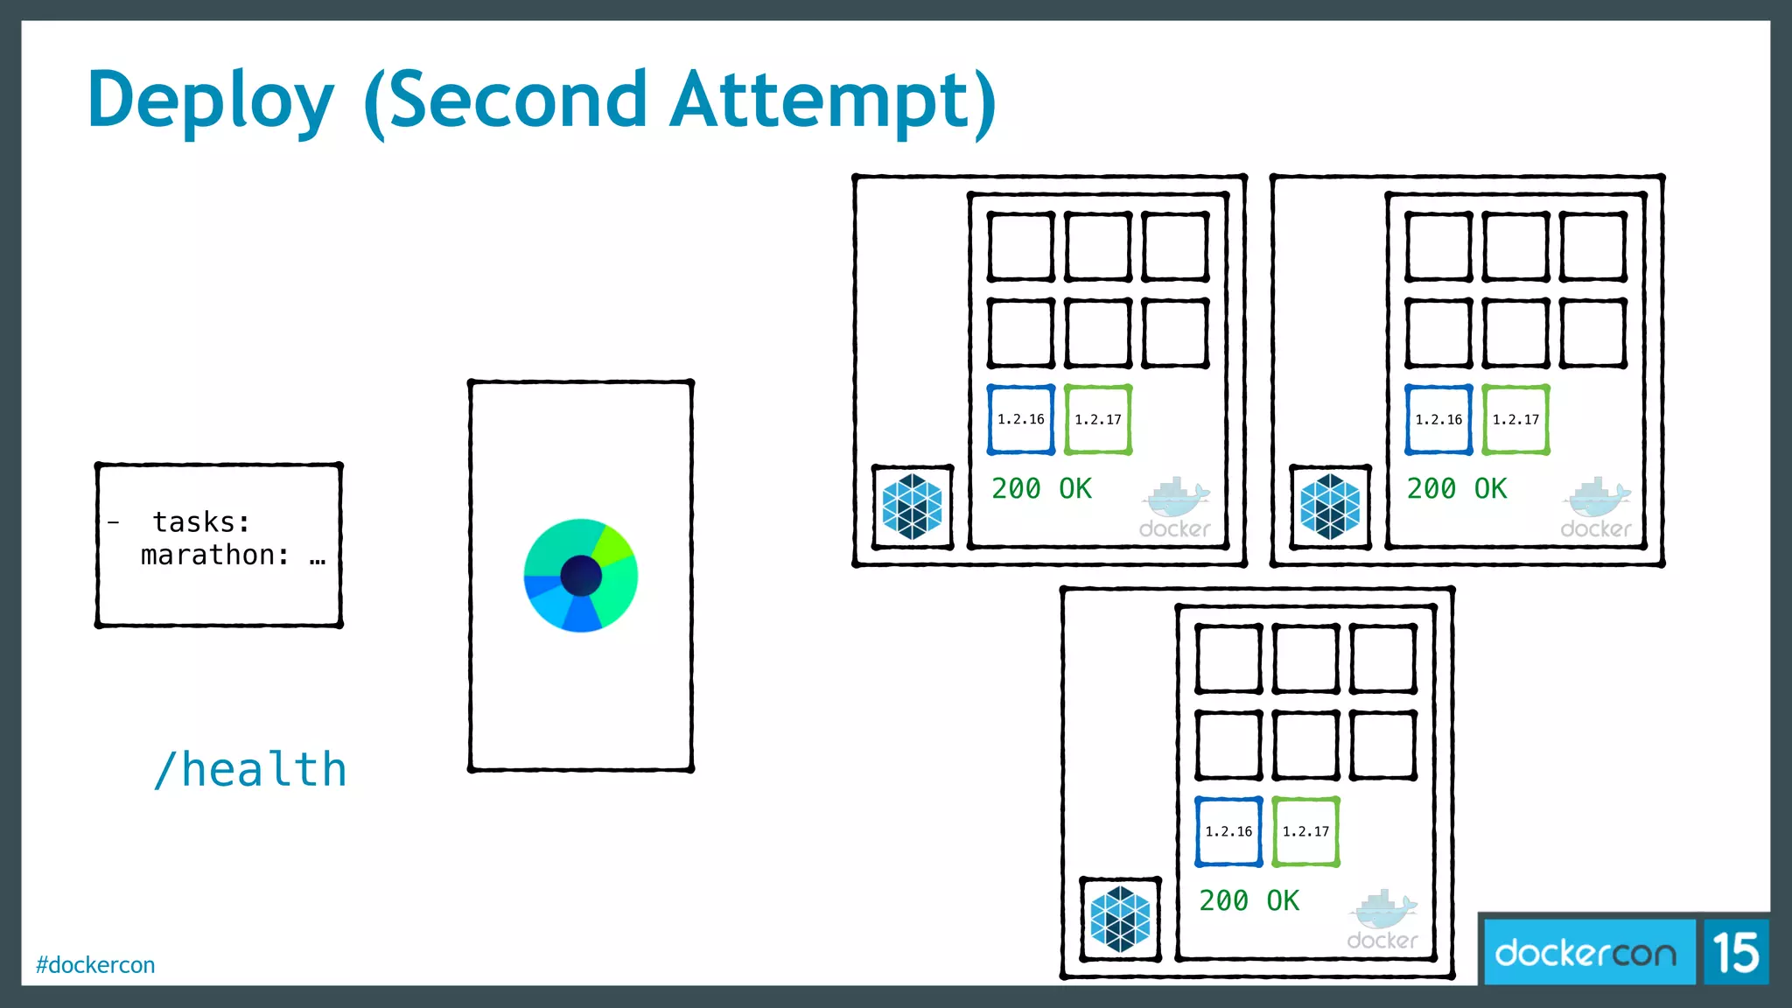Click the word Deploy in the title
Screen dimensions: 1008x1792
click(x=211, y=101)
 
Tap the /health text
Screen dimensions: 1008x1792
click(x=250, y=770)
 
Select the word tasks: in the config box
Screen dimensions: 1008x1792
click(x=201, y=522)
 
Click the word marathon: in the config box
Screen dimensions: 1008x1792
click(x=214, y=555)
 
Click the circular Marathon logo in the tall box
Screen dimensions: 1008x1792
click(x=580, y=576)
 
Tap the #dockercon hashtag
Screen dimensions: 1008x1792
click(x=95, y=964)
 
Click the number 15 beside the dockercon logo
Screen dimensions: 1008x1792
click(x=1735, y=952)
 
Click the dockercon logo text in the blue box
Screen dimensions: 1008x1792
click(x=1585, y=953)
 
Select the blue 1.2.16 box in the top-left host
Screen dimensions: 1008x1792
click(x=1021, y=420)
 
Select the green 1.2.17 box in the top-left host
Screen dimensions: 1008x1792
click(x=1098, y=420)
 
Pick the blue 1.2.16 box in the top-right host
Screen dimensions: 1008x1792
click(x=1438, y=420)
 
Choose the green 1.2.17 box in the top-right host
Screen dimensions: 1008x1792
click(x=1515, y=420)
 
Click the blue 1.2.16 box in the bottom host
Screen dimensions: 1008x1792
click(x=1228, y=831)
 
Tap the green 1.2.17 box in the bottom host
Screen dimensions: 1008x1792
click(x=1305, y=831)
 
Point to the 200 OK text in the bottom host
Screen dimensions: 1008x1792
click(x=1249, y=900)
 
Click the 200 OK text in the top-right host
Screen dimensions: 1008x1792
click(x=1457, y=488)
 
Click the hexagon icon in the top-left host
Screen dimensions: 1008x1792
click(x=912, y=507)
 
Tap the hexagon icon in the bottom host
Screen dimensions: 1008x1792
click(x=1120, y=919)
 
